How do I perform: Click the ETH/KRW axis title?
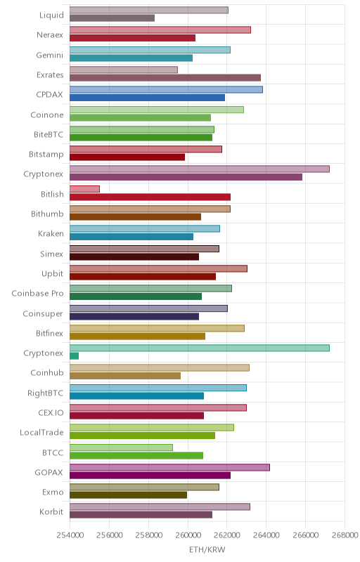pyautogui.click(x=207, y=549)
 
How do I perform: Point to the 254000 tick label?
pyautogui.click(x=70, y=535)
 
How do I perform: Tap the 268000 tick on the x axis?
pyautogui.click(x=345, y=535)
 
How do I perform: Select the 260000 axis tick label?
pyautogui.click(x=188, y=535)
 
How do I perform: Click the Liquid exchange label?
pyautogui.click(x=51, y=15)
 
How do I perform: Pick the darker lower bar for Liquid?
pyautogui.click(x=112, y=18)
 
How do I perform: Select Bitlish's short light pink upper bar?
pyautogui.click(x=84, y=189)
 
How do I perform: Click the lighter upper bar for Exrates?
pyautogui.click(x=124, y=70)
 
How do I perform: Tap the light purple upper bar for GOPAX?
pyautogui.click(x=169, y=467)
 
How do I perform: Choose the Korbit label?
pyautogui.click(x=51, y=512)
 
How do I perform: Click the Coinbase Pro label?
pyautogui.click(x=38, y=293)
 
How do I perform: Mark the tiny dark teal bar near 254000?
pyautogui.click(x=75, y=356)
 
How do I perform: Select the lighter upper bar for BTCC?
pyautogui.click(x=121, y=447)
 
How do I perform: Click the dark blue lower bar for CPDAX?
pyautogui.click(x=148, y=98)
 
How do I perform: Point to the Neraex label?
pyautogui.click(x=50, y=34)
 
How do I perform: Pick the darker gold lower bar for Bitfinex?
pyautogui.click(x=137, y=336)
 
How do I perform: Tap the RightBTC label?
pyautogui.click(x=46, y=393)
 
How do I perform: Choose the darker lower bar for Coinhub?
pyautogui.click(x=125, y=376)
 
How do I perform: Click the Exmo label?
pyautogui.click(x=53, y=492)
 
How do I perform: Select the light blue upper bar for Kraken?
pyautogui.click(x=145, y=229)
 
